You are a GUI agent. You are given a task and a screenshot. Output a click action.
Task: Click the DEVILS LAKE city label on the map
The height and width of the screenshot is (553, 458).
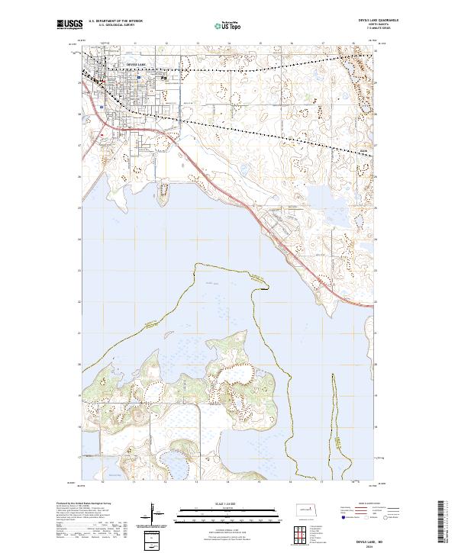tap(134, 65)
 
